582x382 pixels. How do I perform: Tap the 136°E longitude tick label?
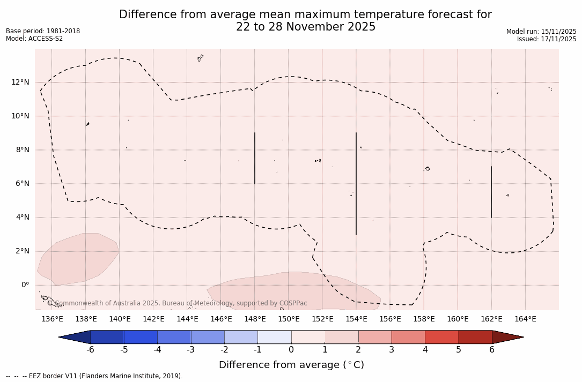coord(52,319)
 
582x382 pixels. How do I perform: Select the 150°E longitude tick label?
coord(289,319)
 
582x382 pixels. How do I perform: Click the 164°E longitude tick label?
coord(525,319)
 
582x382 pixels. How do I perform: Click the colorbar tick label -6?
coord(90,350)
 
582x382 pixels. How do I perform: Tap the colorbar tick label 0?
coord(291,350)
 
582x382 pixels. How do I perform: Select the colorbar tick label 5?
coord(459,350)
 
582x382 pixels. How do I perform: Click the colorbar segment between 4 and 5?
coord(441,337)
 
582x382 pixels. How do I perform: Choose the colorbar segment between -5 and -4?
coord(141,337)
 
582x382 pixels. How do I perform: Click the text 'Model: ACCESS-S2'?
coord(34,39)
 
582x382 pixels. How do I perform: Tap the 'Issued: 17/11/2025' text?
coord(547,39)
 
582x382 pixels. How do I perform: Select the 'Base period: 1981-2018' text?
coord(43,31)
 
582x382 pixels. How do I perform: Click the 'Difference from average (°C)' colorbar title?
coord(291,365)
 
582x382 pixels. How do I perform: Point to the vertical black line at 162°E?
coord(491,192)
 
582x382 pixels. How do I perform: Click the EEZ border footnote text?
coord(94,376)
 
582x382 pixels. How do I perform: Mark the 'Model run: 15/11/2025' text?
coord(541,32)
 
